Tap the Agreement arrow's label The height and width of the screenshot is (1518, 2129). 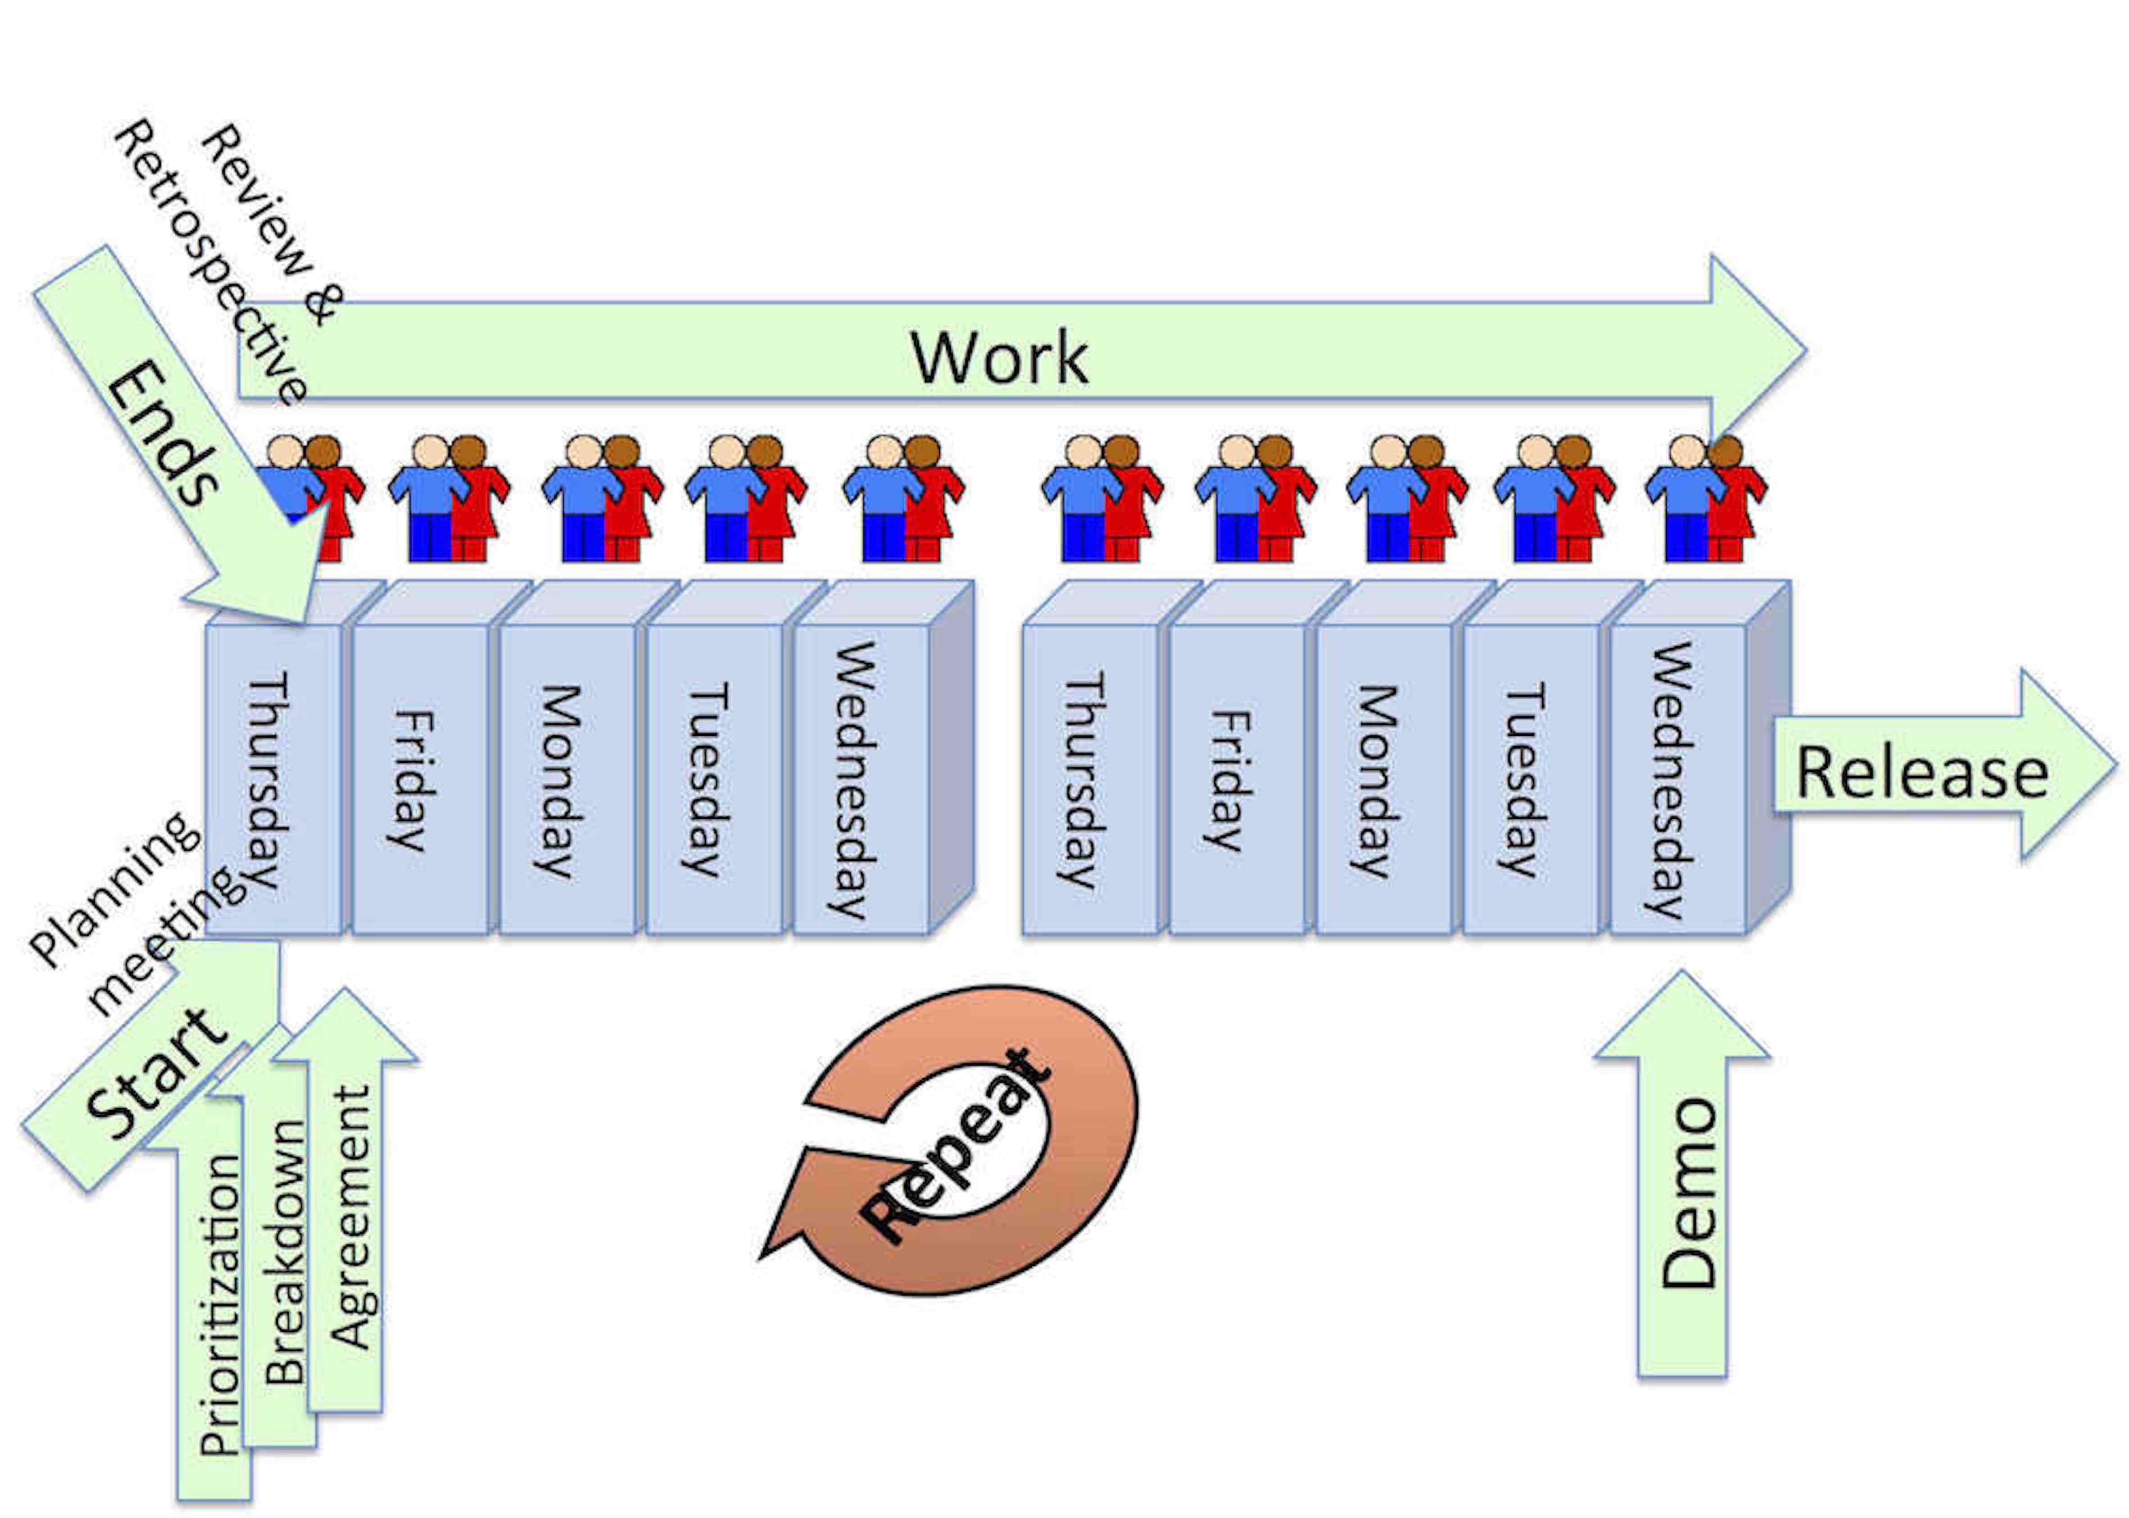(x=351, y=1215)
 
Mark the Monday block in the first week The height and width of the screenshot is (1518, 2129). (x=561, y=780)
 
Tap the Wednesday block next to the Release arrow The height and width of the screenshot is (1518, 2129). (x=1673, y=780)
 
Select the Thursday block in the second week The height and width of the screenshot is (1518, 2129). (x=1084, y=780)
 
